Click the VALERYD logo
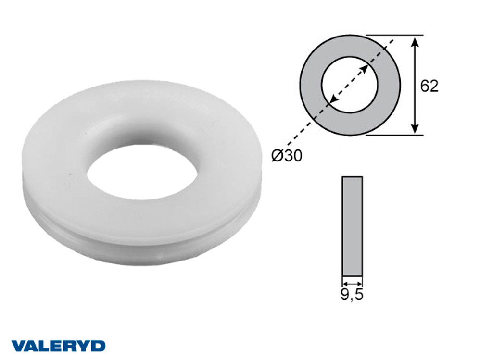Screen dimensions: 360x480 58,346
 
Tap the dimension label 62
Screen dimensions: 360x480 429,86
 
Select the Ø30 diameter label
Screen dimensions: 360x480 287,156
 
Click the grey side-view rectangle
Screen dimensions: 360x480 352,226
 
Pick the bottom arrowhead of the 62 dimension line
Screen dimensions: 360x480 415,129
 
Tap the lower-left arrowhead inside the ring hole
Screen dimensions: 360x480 332,101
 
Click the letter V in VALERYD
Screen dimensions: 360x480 17,346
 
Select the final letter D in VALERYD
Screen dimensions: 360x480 98,346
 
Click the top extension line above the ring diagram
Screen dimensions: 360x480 394,35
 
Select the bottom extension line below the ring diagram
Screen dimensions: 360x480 394,136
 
